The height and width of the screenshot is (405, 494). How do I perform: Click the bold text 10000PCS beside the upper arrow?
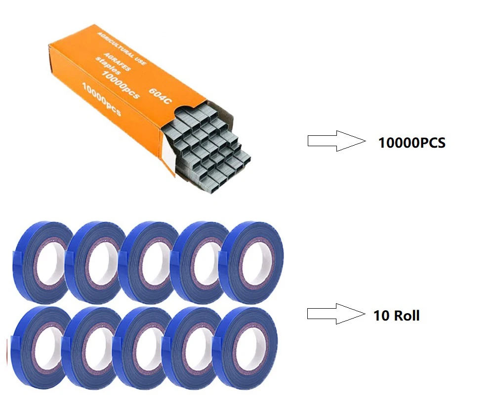pyautogui.click(x=412, y=143)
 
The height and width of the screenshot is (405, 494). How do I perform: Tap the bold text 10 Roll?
pyautogui.click(x=396, y=316)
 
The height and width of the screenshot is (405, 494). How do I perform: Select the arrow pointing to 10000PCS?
pyautogui.click(x=335, y=141)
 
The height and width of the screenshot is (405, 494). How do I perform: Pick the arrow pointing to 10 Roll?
pyautogui.click(x=335, y=314)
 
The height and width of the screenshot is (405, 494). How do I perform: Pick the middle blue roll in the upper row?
pyautogui.click(x=146, y=261)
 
